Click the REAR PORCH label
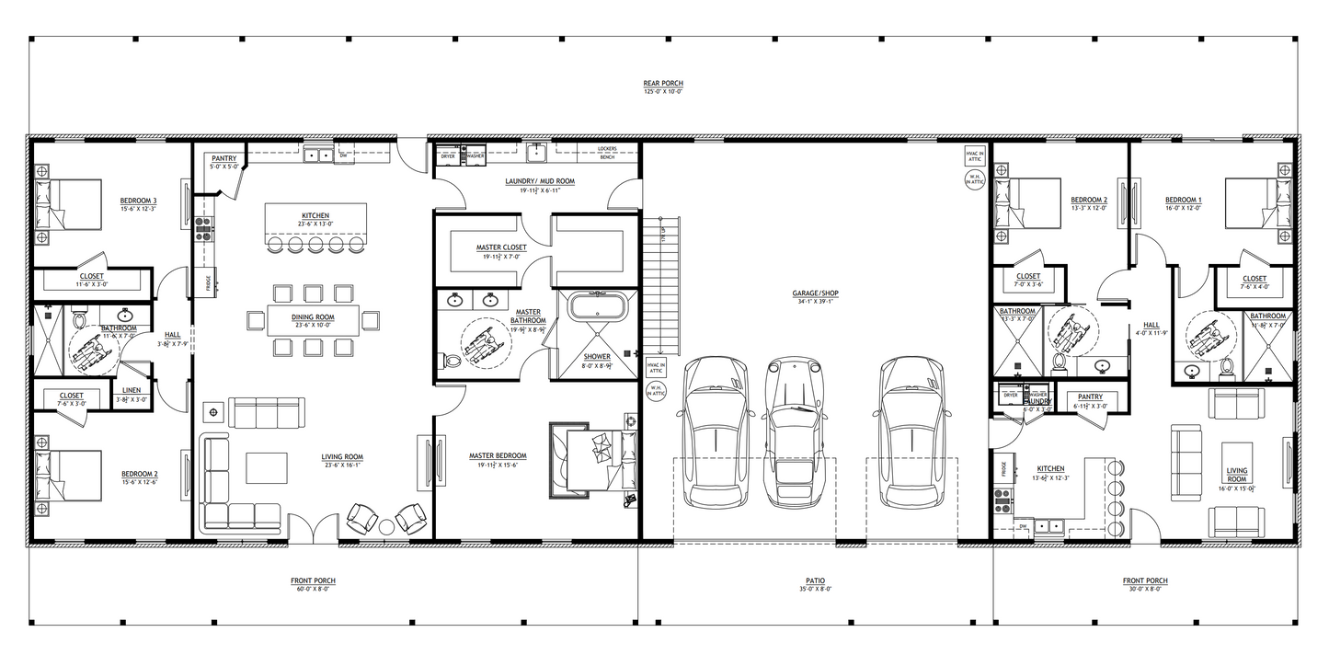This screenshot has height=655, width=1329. [x=663, y=83]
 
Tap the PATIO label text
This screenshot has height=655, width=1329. [x=815, y=580]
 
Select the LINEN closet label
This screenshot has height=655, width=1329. [x=132, y=391]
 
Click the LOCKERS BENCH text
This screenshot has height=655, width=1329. [x=606, y=152]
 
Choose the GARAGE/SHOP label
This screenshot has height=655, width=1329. [x=815, y=293]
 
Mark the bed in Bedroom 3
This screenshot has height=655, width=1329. [x=67, y=204]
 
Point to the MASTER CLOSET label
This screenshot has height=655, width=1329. [x=500, y=247]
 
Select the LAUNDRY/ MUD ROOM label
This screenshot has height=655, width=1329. [x=540, y=181]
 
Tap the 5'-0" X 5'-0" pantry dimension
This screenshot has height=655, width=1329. [x=224, y=167]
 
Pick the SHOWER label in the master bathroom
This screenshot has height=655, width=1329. [x=598, y=356]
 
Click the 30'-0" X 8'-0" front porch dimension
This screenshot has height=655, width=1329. [x=1145, y=588]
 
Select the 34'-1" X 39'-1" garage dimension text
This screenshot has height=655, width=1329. [x=815, y=301]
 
